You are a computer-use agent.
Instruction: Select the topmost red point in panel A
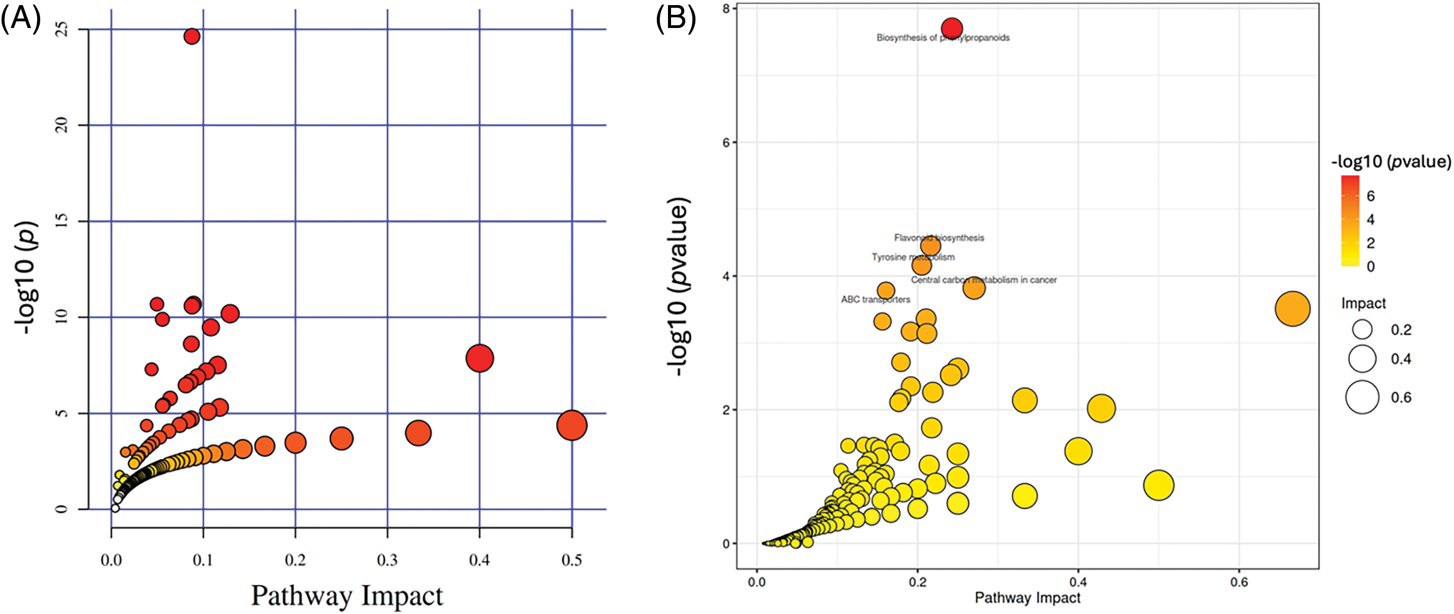pyautogui.click(x=192, y=37)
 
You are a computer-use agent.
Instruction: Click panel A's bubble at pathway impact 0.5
pyautogui.click(x=572, y=425)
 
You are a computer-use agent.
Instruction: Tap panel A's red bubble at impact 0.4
pyautogui.click(x=480, y=358)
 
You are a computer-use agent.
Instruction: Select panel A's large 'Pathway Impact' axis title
pyautogui.click(x=346, y=595)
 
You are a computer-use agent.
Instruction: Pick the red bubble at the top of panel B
pyautogui.click(x=952, y=27)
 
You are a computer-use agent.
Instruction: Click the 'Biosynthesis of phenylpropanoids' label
pyautogui.click(x=943, y=38)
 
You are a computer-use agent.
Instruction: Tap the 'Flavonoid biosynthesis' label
pyautogui.click(x=939, y=238)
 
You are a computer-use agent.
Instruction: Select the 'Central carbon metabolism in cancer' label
pyautogui.click(x=983, y=279)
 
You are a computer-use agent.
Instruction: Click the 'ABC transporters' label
pyautogui.click(x=876, y=299)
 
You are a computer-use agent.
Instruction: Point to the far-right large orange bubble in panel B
pyautogui.click(x=1293, y=309)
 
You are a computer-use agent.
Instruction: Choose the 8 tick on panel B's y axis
pyautogui.click(x=726, y=9)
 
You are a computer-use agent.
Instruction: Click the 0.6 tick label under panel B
pyautogui.click(x=1239, y=582)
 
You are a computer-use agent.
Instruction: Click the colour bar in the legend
pyautogui.click(x=1350, y=220)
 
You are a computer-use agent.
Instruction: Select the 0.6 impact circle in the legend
pyautogui.click(x=1362, y=397)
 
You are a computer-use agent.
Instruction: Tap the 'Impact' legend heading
pyautogui.click(x=1363, y=303)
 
